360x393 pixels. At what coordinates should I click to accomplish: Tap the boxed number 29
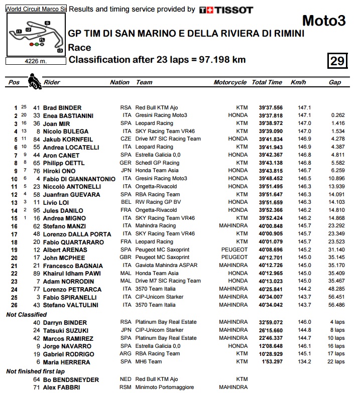337,61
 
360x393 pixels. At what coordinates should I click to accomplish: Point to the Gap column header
334,82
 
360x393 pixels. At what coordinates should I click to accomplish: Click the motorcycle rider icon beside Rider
35,81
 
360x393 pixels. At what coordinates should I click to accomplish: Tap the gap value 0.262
337,115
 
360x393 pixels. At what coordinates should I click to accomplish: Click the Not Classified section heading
26,315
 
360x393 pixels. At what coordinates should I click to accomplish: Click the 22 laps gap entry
336,362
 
